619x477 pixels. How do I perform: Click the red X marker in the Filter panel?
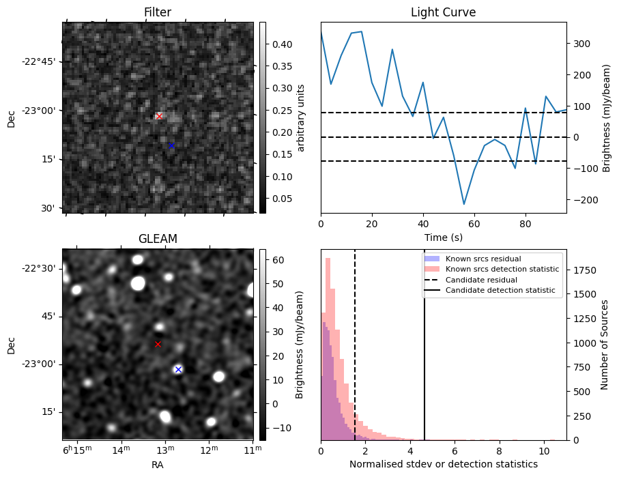point(159,116)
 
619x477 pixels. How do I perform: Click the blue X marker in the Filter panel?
point(171,145)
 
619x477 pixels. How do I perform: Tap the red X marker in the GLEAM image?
point(158,344)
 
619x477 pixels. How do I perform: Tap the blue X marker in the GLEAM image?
point(178,369)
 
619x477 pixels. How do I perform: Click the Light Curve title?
point(443,12)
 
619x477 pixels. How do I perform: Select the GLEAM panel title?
point(158,239)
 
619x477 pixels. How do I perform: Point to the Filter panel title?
point(158,12)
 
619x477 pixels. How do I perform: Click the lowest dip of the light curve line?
point(464,204)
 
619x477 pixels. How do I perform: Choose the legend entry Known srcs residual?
point(483,259)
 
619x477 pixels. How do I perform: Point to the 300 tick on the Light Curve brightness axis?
point(581,44)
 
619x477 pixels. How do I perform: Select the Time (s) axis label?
point(443,237)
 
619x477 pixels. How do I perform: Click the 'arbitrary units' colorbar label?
point(300,117)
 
